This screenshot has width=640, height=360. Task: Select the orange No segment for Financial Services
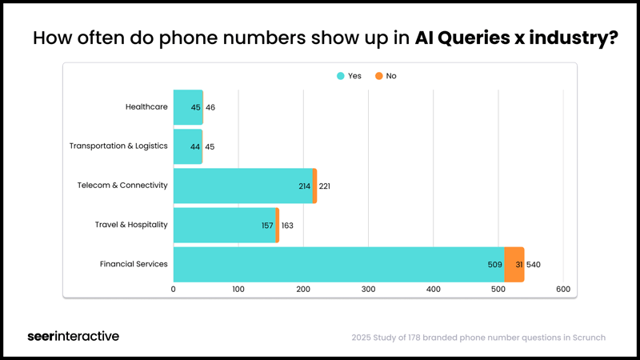[514, 264]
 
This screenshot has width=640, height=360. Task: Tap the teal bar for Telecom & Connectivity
[240, 186]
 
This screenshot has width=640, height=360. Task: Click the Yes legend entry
[350, 76]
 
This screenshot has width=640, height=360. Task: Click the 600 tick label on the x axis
[563, 289]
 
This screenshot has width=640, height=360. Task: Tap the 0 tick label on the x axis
[174, 289]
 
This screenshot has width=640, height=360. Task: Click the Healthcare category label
[146, 107]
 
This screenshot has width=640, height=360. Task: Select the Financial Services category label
[134, 264]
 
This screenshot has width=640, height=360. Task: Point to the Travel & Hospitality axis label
[131, 225]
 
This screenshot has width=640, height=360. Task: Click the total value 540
[534, 265]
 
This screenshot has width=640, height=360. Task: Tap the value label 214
[305, 186]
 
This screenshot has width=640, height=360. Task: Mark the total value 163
[287, 226]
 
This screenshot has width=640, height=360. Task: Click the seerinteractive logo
[73, 336]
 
